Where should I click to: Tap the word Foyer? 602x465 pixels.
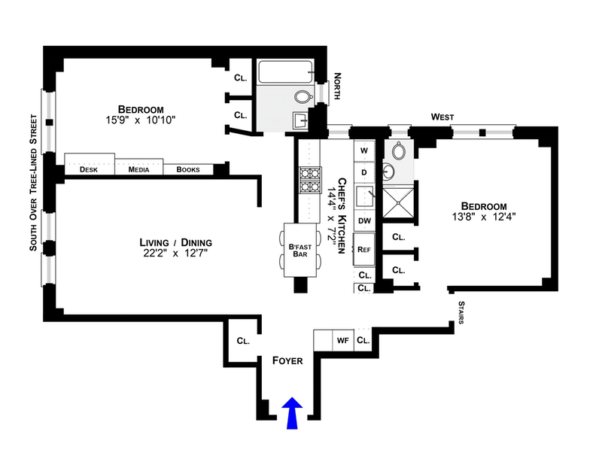click(x=287, y=361)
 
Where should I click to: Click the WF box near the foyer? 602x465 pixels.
click(x=342, y=340)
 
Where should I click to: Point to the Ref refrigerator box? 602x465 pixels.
click(x=364, y=249)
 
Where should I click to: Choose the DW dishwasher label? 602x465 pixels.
click(x=364, y=221)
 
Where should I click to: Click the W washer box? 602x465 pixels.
click(x=364, y=150)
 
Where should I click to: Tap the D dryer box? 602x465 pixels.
click(x=364, y=172)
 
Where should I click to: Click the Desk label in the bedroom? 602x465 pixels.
click(x=90, y=170)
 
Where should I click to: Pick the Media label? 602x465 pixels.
click(x=138, y=170)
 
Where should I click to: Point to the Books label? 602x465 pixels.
click(x=188, y=170)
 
